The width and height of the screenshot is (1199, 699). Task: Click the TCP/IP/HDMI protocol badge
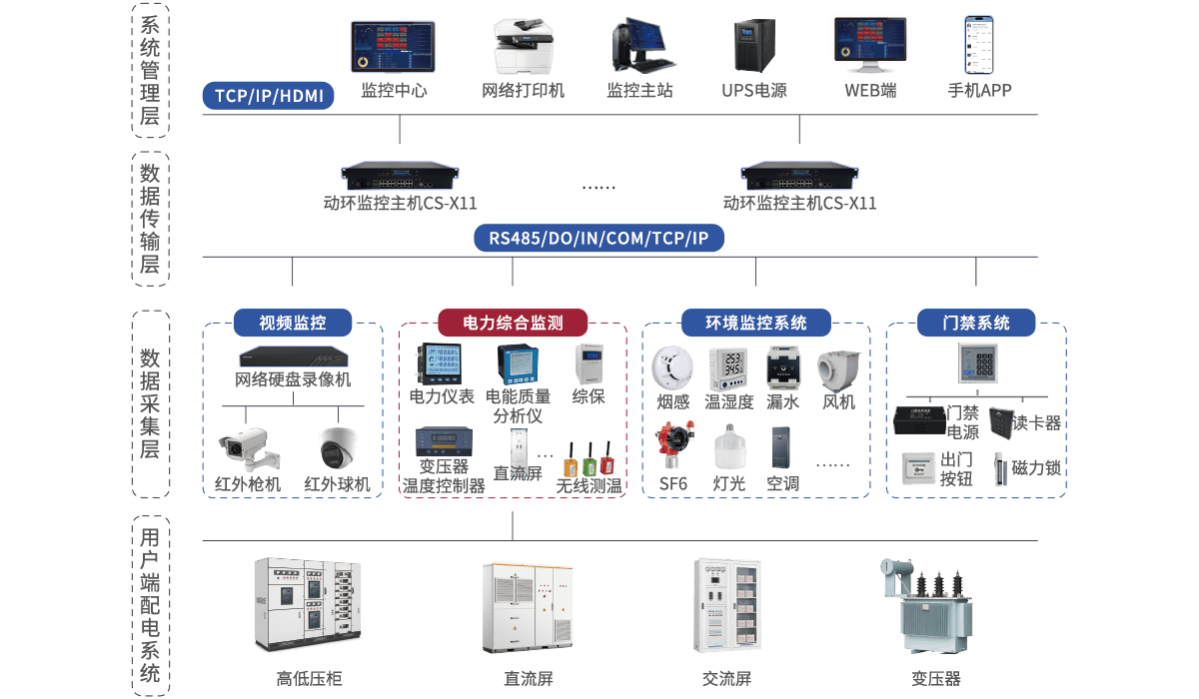point(269,96)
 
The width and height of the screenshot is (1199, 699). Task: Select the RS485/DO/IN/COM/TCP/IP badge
point(599,239)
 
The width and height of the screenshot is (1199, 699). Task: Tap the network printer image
point(523,47)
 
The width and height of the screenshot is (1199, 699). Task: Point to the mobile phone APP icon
point(979,45)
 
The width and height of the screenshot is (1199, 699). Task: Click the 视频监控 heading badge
point(293,323)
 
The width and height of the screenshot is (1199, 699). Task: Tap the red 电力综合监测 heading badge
point(513,323)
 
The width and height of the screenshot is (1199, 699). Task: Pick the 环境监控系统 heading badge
point(755,323)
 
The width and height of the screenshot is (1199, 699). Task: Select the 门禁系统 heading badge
point(976,323)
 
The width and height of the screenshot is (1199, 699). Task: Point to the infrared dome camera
point(337,448)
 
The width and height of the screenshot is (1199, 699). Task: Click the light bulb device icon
point(729,446)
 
